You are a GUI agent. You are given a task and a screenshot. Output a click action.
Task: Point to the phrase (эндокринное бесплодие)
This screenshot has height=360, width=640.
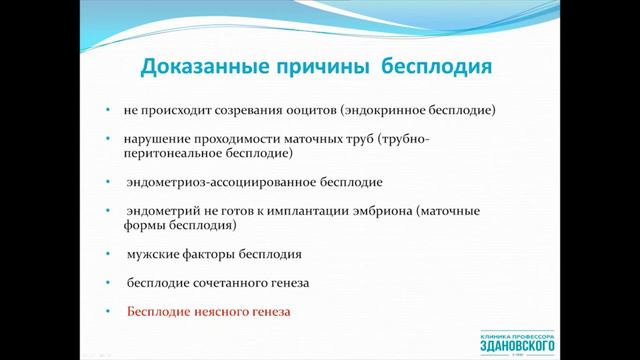coord(417,108)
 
